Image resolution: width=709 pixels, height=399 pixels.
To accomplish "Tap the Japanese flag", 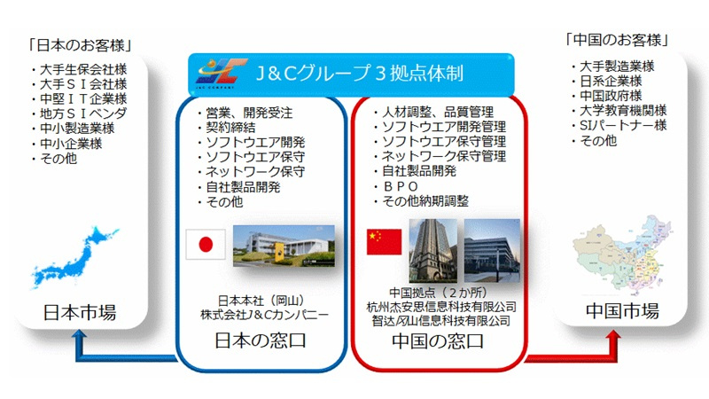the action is (x=206, y=245).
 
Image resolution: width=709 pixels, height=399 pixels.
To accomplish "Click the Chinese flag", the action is (x=384, y=242).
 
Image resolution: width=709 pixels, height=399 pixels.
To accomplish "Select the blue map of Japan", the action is (x=75, y=257).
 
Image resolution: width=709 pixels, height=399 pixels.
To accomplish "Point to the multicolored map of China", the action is (x=622, y=254).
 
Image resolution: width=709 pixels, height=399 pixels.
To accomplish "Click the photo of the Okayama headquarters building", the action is (x=284, y=246).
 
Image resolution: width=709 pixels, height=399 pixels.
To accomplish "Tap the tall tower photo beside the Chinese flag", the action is (x=432, y=251).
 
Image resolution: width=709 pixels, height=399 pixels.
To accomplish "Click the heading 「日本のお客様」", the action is (x=80, y=45).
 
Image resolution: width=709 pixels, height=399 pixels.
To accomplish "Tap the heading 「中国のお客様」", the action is (x=617, y=40).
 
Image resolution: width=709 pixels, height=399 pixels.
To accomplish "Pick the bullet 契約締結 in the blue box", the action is (x=227, y=128).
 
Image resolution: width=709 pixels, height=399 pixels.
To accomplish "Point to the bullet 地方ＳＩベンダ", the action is (x=79, y=113).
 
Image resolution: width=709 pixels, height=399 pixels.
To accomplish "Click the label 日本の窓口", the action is (x=261, y=340).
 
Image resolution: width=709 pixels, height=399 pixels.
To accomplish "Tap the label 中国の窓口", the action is (x=438, y=340).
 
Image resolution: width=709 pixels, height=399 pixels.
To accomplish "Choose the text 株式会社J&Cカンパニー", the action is (x=264, y=315).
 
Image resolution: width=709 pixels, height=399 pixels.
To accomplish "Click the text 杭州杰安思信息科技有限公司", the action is (x=441, y=307).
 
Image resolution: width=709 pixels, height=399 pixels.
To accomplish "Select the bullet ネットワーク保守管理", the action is (x=440, y=157).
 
